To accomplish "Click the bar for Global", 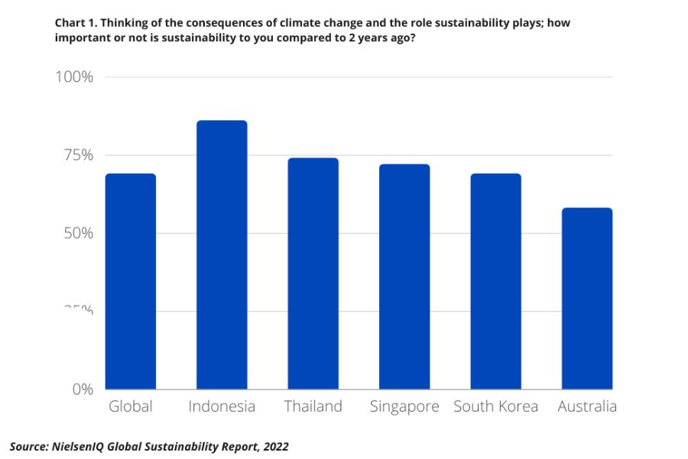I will point(131,282).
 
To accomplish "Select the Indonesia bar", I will point(222,255).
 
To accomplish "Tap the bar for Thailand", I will point(313,274).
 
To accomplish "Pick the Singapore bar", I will point(404,277).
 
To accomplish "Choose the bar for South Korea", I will point(495,282).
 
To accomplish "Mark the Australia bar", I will point(587,298).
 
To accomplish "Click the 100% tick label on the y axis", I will point(73,77).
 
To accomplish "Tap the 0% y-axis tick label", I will point(83,389).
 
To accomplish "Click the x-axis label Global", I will point(131,406).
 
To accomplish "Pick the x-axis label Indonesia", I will point(222,406).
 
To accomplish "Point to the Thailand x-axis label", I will point(313,406).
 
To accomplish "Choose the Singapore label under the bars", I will point(404,406).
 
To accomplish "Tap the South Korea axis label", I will point(495,406).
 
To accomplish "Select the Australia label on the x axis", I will point(586,406).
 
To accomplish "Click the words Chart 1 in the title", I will point(76,23).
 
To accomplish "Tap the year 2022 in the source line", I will point(276,446).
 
